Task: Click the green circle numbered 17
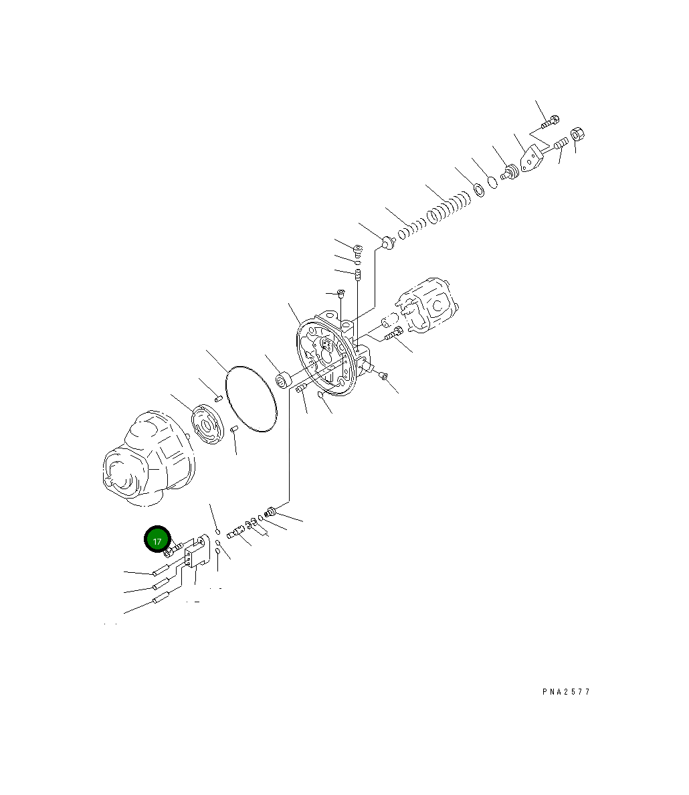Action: [157, 540]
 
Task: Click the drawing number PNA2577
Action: [566, 692]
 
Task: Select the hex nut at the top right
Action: [579, 135]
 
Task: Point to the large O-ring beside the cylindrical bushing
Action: [251, 398]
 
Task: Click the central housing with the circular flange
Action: [328, 355]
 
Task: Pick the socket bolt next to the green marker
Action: [173, 550]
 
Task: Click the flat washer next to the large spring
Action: [479, 190]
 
